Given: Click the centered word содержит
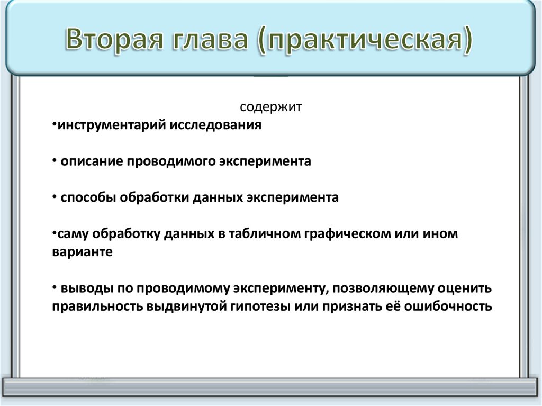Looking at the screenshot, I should (x=270, y=107).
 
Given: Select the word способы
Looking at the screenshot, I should (x=88, y=197).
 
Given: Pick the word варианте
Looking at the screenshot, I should (x=82, y=252).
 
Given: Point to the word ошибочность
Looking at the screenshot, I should (x=449, y=306).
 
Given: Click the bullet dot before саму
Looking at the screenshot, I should (x=55, y=233).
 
